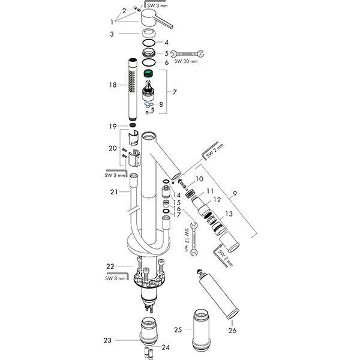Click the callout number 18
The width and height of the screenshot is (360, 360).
112,85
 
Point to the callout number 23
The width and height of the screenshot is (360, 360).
107,340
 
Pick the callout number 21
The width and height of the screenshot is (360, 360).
112,192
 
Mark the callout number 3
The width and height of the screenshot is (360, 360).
112,34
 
